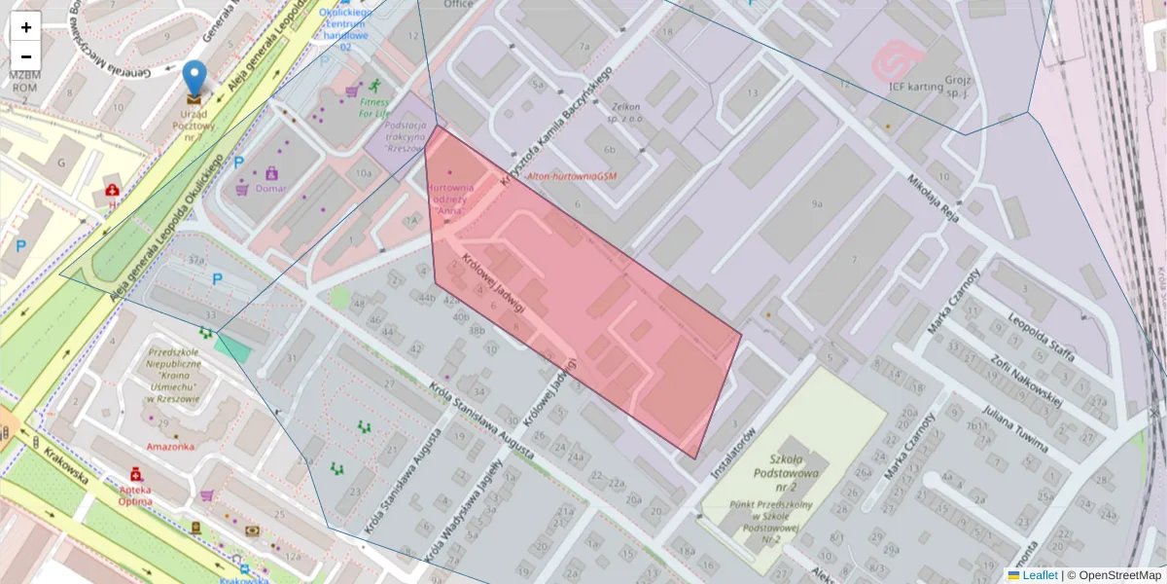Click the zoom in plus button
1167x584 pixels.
[x=26, y=27]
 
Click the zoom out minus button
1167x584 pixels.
[x=26, y=56]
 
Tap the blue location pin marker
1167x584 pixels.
[x=194, y=79]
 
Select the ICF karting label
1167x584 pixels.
[x=915, y=86]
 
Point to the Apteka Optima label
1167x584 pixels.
[x=134, y=496]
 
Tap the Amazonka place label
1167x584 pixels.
[x=171, y=447]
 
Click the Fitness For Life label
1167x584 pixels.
[x=374, y=107]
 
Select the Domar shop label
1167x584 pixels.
[x=270, y=189]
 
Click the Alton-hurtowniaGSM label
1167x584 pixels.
[x=571, y=176]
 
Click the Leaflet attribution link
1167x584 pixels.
[x=1040, y=575]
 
